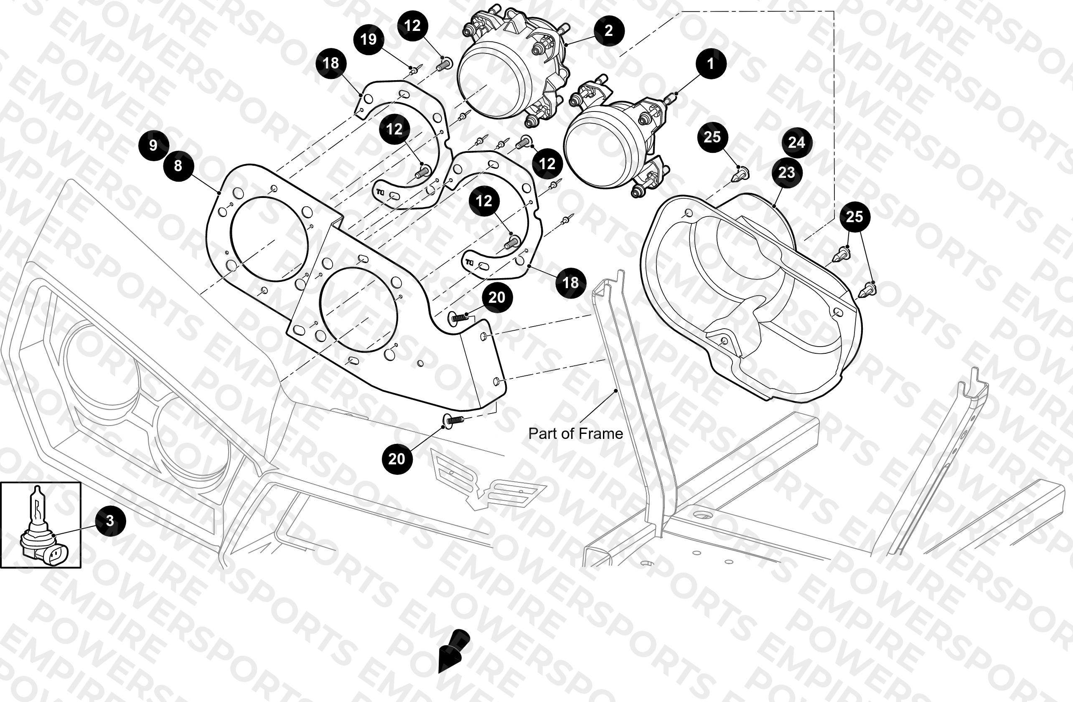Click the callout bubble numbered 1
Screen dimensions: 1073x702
(x=710, y=63)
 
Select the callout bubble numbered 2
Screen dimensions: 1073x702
(x=609, y=30)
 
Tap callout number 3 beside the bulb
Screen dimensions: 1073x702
(x=110, y=520)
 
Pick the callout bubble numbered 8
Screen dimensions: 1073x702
(x=178, y=166)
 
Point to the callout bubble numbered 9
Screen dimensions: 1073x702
(x=153, y=145)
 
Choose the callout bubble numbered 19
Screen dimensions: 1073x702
(x=369, y=39)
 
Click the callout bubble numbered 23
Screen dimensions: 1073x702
(x=787, y=172)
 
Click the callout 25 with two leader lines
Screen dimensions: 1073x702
(x=854, y=217)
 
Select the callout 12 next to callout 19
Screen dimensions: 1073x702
(x=412, y=26)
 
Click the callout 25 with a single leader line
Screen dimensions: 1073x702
(x=712, y=137)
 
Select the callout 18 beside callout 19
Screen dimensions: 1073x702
(x=331, y=63)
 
